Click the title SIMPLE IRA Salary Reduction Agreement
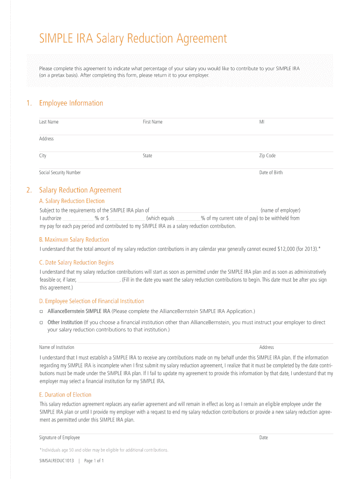click(133, 38)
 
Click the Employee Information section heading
click(71, 103)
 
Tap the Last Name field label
click(49, 122)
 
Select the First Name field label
click(152, 122)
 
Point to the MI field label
click(262, 122)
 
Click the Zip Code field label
click(267, 155)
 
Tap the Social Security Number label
click(60, 173)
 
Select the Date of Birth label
click(271, 173)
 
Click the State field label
click(147, 155)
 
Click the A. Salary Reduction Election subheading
click(72, 201)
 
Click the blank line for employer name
click(205, 211)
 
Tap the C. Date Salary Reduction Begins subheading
click(77, 262)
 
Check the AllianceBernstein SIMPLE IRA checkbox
click(42, 311)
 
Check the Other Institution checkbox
click(42, 322)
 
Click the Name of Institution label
click(57, 347)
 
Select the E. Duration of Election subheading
click(65, 394)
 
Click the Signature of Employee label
click(59, 437)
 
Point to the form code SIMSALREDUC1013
click(57, 461)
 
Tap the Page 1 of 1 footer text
click(94, 461)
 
